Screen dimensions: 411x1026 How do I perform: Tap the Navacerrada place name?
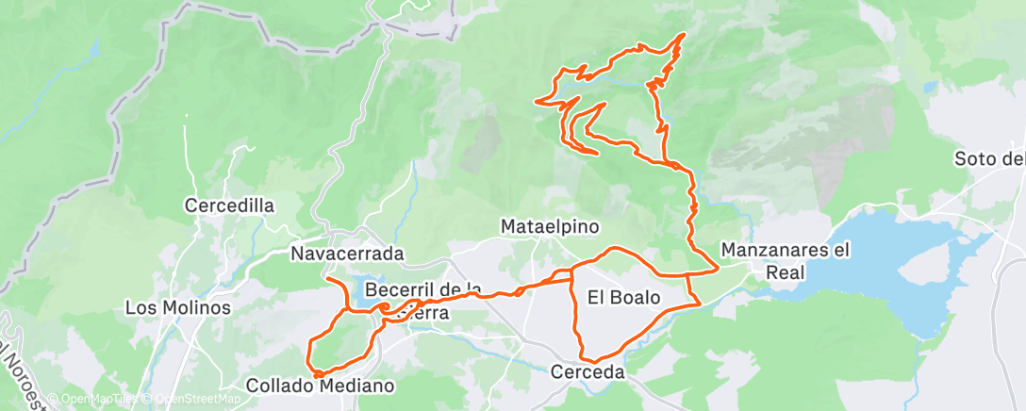coord(347,254)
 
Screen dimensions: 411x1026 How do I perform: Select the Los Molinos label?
coord(178,307)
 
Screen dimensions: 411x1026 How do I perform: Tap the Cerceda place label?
coord(588,373)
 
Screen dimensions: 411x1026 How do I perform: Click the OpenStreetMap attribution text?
coord(192,399)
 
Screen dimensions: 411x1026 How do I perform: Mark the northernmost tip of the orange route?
coord(681,35)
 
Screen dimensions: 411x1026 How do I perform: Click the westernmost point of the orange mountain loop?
coord(537,101)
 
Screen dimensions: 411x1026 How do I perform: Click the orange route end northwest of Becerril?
coord(326,280)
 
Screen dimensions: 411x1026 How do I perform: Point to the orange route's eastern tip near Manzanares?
coord(719,268)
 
